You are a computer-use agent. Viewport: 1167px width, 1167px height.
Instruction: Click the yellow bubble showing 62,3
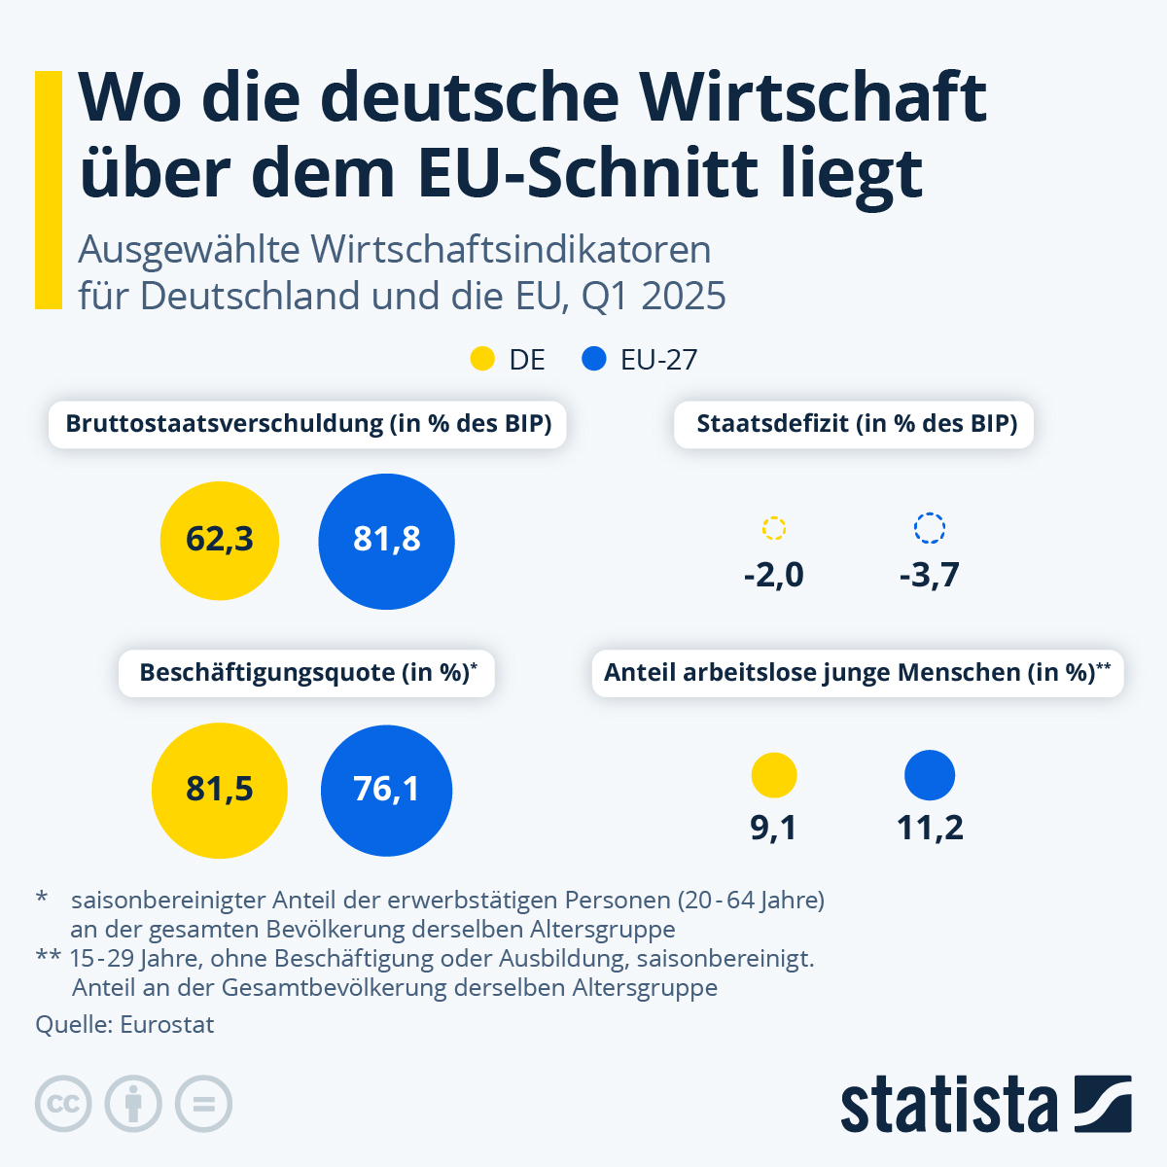(220, 540)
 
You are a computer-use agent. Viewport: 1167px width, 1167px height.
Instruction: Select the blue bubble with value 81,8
(387, 541)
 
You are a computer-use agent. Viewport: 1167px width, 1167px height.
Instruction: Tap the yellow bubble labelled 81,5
(220, 790)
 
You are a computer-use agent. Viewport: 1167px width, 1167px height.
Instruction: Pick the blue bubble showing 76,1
(387, 790)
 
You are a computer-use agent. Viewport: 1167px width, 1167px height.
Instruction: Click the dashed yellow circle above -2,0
(774, 528)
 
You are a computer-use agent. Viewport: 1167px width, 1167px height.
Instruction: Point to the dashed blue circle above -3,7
(930, 528)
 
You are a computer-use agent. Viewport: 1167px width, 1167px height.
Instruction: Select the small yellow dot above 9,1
(774, 775)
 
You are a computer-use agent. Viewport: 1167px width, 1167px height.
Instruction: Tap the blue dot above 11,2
(930, 775)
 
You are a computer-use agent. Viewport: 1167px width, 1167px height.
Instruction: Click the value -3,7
(930, 575)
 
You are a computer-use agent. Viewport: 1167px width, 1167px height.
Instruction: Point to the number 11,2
(930, 828)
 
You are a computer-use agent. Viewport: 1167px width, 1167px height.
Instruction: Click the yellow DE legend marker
(482, 359)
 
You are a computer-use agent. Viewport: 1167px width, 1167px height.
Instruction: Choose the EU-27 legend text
(659, 360)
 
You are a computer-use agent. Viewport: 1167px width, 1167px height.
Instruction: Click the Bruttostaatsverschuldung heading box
(308, 424)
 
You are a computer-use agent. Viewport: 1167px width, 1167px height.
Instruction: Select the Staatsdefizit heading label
(856, 424)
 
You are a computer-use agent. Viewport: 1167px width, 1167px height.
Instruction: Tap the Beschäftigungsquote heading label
(307, 673)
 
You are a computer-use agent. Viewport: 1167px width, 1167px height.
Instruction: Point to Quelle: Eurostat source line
(124, 1024)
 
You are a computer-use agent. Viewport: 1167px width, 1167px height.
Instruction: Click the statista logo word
(948, 1105)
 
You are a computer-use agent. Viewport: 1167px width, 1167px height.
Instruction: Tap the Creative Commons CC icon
(63, 1105)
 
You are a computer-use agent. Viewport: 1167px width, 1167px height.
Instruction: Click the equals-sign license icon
(204, 1105)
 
